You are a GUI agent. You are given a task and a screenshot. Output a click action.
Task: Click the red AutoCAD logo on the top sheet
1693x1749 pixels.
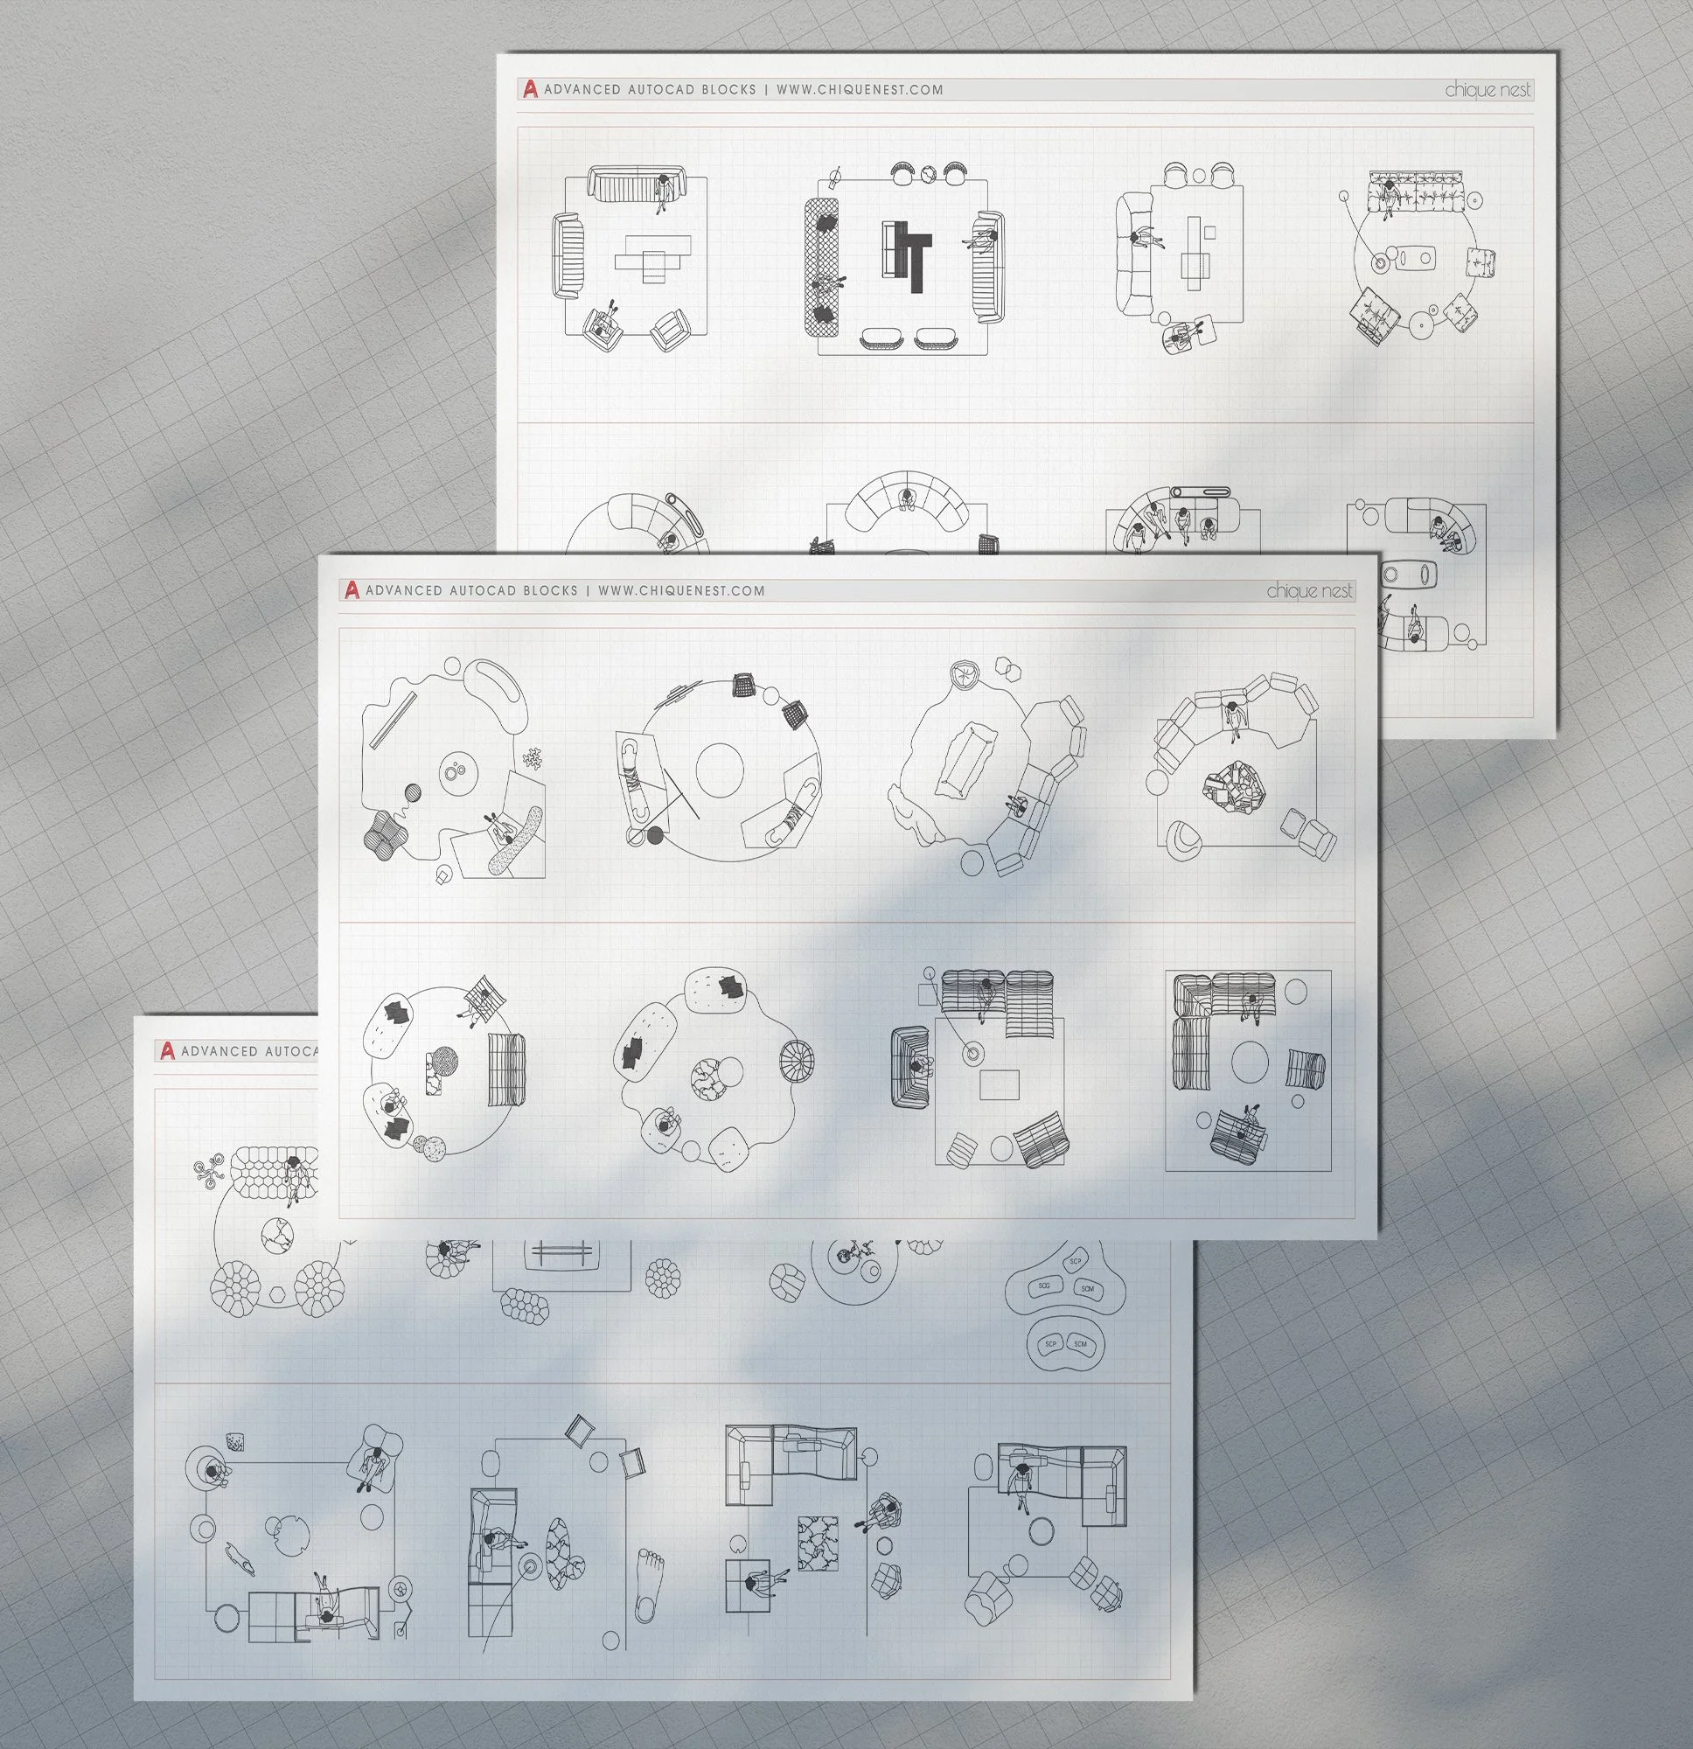530,89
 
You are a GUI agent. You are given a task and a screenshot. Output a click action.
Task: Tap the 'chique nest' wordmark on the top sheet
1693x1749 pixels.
1487,89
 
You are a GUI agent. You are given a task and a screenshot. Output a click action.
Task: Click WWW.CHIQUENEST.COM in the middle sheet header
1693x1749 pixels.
681,591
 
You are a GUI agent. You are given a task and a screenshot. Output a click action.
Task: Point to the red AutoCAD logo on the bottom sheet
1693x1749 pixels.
166,1051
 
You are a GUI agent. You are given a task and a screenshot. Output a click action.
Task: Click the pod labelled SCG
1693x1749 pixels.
1043,1286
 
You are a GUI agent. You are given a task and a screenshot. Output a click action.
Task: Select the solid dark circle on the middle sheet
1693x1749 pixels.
656,835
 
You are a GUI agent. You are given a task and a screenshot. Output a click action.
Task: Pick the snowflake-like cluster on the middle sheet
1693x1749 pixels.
533,758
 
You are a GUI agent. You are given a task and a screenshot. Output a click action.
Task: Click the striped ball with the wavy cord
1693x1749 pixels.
411,793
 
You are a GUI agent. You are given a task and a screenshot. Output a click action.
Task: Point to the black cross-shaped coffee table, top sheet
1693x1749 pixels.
910,254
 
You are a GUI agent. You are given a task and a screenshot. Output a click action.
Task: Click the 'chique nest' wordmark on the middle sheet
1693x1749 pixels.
1309,591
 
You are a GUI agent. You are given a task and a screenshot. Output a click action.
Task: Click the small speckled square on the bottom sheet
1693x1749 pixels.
235,1443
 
